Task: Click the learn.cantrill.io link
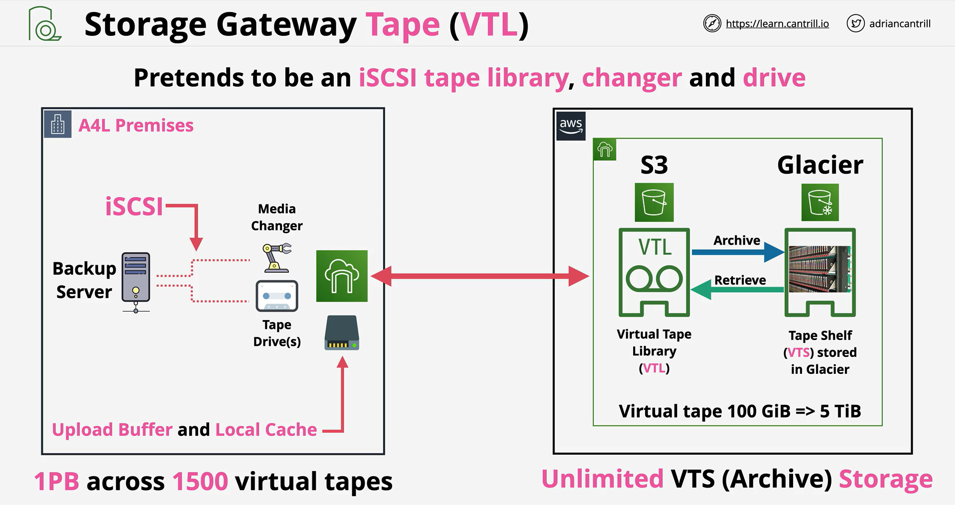pos(777,23)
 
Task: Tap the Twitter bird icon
pos(855,23)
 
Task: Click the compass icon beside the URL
pos(712,23)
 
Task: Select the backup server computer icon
pos(136,282)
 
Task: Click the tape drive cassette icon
pos(277,296)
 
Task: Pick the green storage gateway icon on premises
pos(342,276)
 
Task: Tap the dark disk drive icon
pos(342,333)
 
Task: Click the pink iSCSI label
pos(134,206)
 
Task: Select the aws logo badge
pos(571,126)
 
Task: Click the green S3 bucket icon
pos(654,202)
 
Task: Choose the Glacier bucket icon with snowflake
pos(820,202)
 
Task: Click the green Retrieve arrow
pos(737,290)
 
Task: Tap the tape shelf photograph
pos(820,269)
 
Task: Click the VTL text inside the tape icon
pos(655,247)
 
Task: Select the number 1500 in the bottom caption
pos(200,482)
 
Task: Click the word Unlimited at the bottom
pos(602,479)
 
